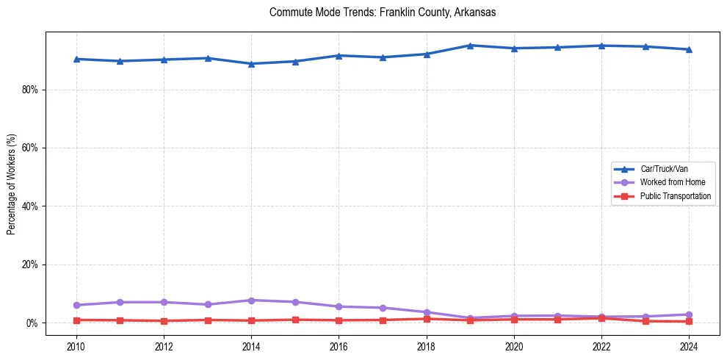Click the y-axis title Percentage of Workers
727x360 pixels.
(12, 184)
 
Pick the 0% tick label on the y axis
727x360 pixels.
(35, 323)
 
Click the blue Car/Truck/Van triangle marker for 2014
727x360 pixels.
(251, 64)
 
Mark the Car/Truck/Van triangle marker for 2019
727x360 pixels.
(470, 46)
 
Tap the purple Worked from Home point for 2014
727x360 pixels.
(251, 300)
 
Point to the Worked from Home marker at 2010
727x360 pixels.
(76, 305)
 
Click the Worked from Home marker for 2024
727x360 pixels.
(688, 314)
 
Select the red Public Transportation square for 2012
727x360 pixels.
(164, 321)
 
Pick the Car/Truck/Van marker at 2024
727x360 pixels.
(688, 49)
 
